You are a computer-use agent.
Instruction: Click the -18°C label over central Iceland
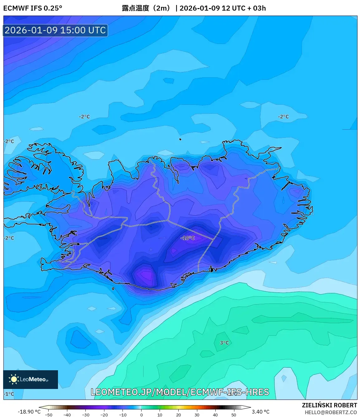tap(188, 238)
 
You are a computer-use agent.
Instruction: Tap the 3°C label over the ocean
tap(224, 343)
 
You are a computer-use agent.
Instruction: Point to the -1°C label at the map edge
tap(9, 394)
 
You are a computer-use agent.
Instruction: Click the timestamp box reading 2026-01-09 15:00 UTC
tap(55, 30)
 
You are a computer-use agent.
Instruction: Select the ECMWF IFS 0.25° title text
tap(33, 8)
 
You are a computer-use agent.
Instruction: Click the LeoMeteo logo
tap(31, 379)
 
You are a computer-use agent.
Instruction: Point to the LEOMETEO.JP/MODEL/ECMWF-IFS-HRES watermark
tap(180, 392)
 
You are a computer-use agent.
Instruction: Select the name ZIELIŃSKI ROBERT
tap(329, 405)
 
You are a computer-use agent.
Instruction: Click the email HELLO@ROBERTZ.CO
tap(331, 412)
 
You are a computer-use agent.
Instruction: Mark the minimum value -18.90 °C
tap(29, 412)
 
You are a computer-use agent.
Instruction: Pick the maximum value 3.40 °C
tap(261, 412)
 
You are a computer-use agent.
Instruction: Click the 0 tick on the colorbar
tap(141, 415)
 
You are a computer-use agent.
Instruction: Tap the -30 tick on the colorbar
tap(85, 415)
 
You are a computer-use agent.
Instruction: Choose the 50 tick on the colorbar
tap(234, 415)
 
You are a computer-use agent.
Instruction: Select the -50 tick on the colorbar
tap(49, 415)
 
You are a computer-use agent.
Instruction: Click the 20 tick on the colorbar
tap(178, 415)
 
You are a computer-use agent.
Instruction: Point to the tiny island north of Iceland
tap(180, 139)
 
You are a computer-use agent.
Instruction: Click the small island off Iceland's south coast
tap(113, 289)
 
